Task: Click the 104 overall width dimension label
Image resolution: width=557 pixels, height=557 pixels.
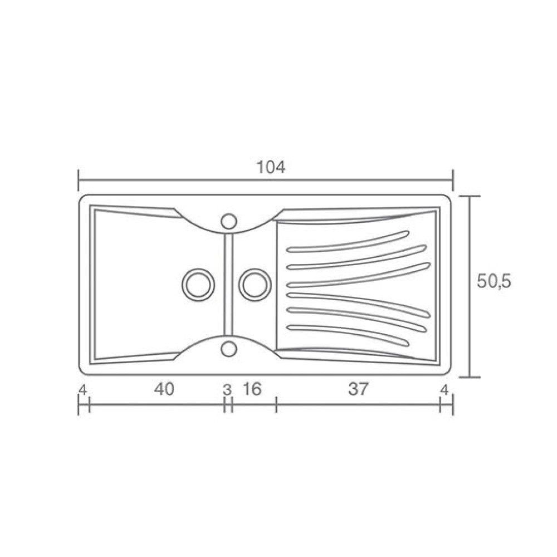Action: [271, 167]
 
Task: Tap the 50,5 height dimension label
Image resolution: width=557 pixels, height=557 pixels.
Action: [494, 282]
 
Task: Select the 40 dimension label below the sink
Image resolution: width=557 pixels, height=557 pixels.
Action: [164, 389]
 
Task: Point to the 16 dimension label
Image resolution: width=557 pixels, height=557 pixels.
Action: [252, 389]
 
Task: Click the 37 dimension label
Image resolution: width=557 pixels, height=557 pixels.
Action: [358, 389]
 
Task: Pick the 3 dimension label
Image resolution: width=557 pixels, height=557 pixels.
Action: [227, 390]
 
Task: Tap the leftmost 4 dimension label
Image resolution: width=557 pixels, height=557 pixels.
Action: [82, 390]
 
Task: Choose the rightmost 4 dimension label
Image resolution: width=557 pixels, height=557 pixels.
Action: [444, 390]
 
